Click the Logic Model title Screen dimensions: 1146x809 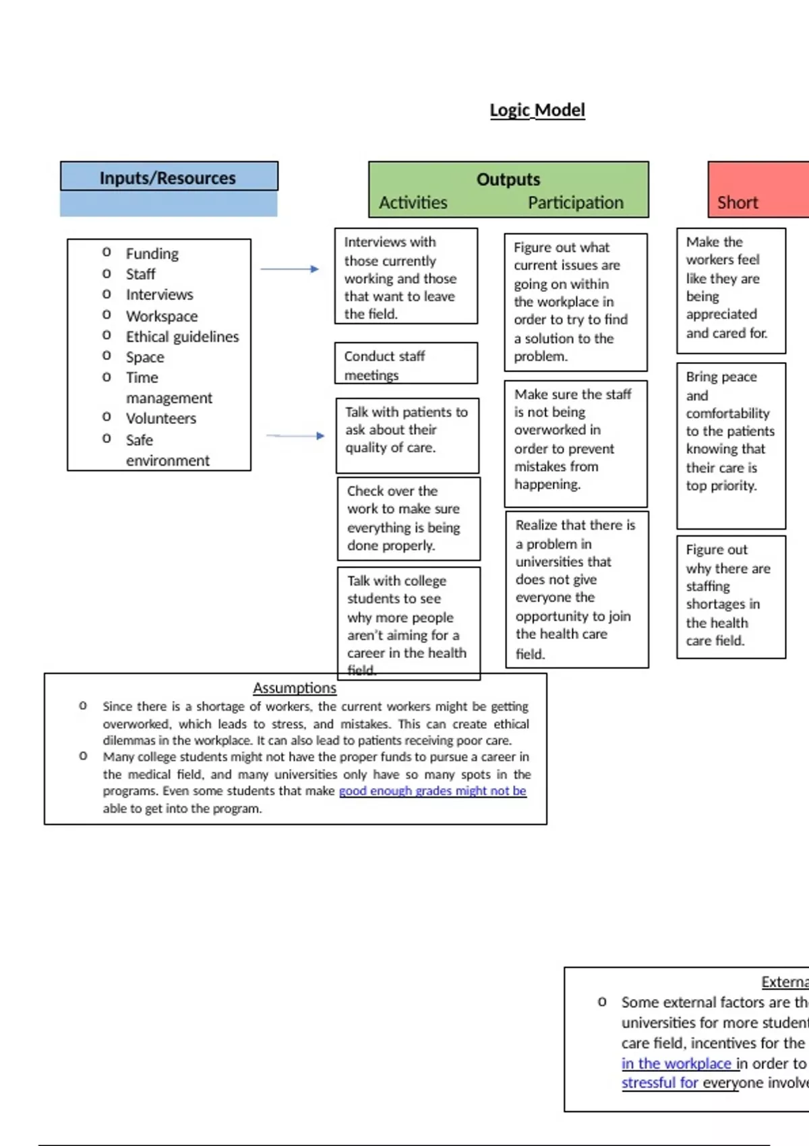click(537, 110)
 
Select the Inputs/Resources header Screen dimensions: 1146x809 click(168, 178)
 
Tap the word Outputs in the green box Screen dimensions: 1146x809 click(508, 179)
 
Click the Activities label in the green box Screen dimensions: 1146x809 click(413, 202)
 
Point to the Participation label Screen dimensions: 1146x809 click(575, 202)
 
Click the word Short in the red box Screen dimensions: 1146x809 click(737, 202)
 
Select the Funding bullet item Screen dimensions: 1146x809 click(152, 253)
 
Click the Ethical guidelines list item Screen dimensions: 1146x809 click(182, 336)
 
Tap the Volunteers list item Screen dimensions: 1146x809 click(160, 418)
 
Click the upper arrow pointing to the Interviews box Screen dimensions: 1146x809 click(290, 269)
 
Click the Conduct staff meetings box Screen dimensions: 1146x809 click(406, 364)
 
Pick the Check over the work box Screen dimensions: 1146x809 click(409, 518)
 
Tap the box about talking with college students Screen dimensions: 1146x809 click(409, 623)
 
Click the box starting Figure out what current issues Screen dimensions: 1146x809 click(575, 302)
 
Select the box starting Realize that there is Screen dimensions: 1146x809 click(576, 589)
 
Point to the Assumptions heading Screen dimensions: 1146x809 click(295, 688)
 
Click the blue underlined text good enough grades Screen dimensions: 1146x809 click(432, 791)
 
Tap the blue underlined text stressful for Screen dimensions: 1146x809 click(659, 1083)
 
